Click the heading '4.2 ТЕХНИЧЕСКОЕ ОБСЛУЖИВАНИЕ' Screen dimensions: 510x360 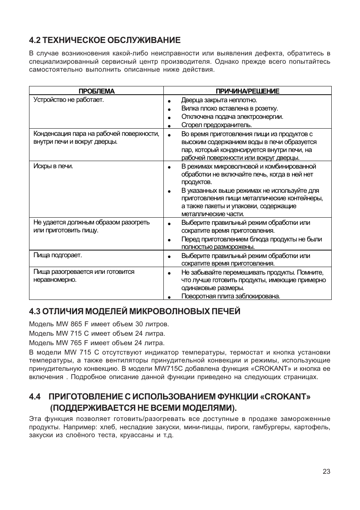(105, 40)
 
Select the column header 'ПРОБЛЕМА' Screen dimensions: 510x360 (96, 91)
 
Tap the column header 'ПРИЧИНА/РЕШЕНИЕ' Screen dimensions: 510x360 (247, 91)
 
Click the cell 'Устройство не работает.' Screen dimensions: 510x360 (69, 100)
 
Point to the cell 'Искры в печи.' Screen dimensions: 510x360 (53, 166)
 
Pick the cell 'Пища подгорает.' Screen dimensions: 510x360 (58, 255)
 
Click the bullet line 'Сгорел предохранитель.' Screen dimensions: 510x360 (216, 125)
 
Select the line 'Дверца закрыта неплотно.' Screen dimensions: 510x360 (219, 100)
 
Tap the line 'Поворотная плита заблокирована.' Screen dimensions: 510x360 (231, 296)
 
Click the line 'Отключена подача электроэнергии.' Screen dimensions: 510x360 (232, 117)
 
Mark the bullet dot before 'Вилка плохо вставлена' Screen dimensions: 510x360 (170, 109)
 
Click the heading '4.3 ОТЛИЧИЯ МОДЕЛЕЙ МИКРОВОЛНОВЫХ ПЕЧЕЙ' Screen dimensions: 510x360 (135, 311)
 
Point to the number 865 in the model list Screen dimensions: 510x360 (76, 324)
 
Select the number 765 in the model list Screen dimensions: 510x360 (76, 343)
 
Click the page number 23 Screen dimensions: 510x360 (326, 472)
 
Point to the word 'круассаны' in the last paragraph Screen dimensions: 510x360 (140, 435)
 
